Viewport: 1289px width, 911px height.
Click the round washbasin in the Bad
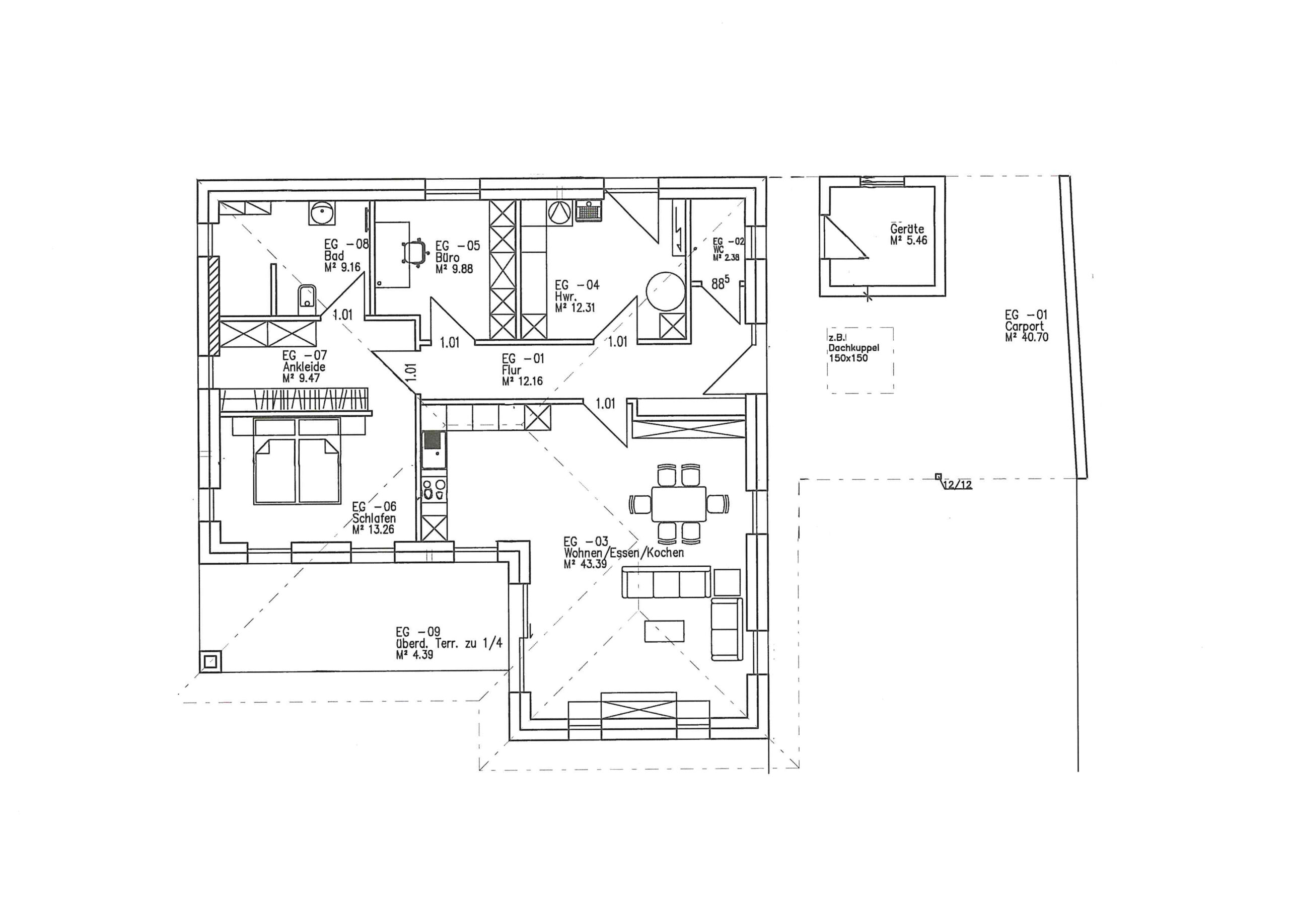[x=322, y=213]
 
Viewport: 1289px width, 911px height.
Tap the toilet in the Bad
[x=306, y=296]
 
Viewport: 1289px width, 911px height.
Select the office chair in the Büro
[x=414, y=253]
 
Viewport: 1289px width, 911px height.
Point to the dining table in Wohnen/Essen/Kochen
[x=679, y=503]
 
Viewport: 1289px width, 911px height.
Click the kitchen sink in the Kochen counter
[x=434, y=449]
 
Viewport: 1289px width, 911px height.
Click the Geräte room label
[x=907, y=229]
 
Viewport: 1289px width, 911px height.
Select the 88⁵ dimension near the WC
[x=721, y=284]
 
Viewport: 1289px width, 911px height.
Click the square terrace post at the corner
[x=210, y=661]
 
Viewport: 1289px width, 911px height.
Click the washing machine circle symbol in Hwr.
[x=559, y=212]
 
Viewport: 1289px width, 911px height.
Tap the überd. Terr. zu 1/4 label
[x=449, y=644]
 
